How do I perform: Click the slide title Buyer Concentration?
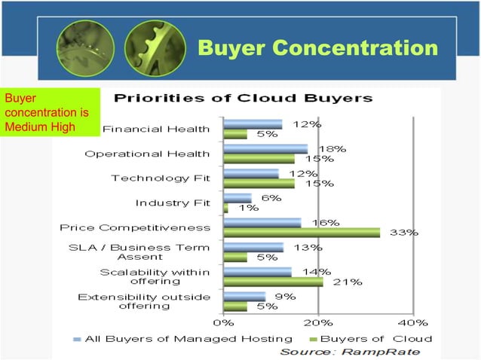[x=317, y=49]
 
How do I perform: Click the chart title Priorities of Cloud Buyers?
[x=243, y=98]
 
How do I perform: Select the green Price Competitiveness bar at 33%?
[x=302, y=233]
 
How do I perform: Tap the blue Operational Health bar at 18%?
[x=265, y=148]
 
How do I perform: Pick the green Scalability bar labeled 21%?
[x=274, y=282]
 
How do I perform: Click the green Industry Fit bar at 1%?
[x=226, y=208]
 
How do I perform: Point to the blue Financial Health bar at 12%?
[x=253, y=124]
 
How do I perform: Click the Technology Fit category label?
[x=161, y=178]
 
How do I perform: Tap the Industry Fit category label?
[x=173, y=203]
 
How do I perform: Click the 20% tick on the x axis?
[x=318, y=322]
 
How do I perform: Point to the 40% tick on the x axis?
[x=413, y=322]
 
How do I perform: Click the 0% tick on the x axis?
[x=223, y=322]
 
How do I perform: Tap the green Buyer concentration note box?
[x=50, y=112]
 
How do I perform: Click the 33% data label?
[x=403, y=233]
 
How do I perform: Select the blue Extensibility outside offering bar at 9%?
[x=245, y=296]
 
